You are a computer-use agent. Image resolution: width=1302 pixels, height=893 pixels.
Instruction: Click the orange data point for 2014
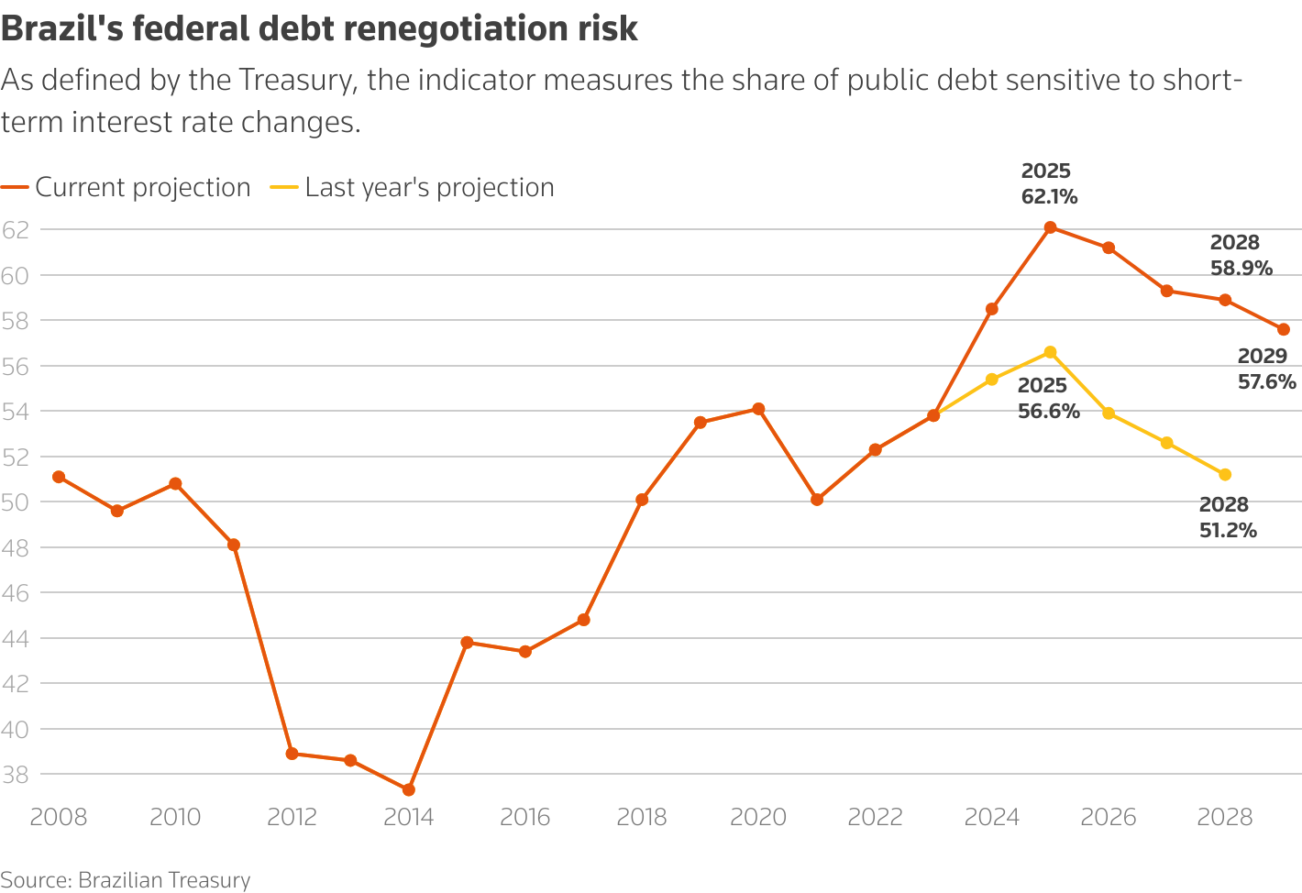(409, 789)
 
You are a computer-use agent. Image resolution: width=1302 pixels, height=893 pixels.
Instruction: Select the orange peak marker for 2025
(1050, 227)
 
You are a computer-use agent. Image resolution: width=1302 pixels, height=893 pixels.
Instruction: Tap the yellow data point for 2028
(1225, 474)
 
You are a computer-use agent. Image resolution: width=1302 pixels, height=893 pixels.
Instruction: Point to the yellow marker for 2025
(1050, 352)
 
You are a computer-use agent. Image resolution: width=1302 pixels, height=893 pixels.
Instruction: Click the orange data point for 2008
(59, 477)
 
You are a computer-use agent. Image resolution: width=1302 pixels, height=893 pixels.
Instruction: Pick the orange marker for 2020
(758, 409)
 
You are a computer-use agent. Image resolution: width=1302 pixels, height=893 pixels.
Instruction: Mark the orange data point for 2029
(1284, 329)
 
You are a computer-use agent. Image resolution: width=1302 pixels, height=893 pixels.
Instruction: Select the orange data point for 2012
(292, 754)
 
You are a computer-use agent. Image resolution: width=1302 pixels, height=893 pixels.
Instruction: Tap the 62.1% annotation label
(1049, 197)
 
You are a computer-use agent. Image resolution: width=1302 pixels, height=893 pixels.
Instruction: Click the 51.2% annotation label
(1228, 531)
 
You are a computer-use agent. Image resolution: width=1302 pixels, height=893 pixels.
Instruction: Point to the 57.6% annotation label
(1267, 382)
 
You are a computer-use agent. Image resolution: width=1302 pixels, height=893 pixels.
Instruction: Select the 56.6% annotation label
(1049, 412)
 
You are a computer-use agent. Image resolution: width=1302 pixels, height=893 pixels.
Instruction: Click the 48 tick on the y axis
(16, 547)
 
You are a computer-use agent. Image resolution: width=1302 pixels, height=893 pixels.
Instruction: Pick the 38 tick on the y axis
(16, 775)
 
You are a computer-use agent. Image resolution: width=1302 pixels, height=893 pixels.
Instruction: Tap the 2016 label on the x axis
(525, 817)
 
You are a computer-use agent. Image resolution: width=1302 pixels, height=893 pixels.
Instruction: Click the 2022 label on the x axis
(876, 817)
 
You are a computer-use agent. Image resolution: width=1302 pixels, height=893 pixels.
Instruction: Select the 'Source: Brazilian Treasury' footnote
(126, 880)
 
